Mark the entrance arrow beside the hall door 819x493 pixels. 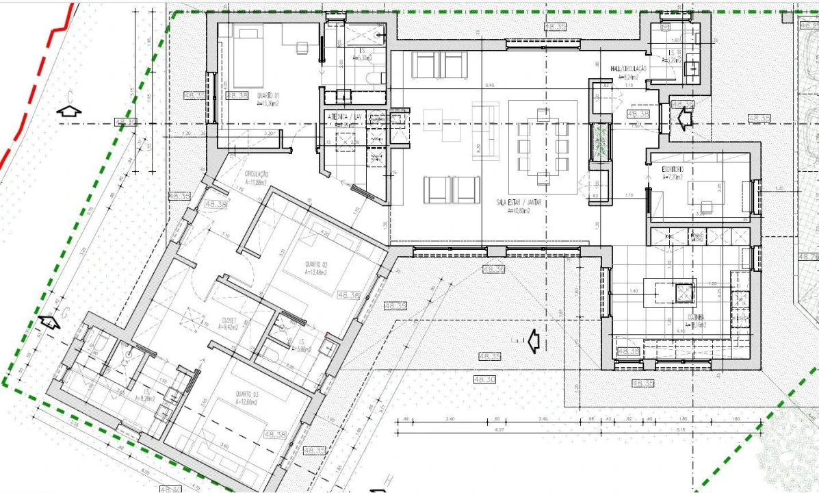point(683,118)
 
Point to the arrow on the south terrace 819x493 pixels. point(532,340)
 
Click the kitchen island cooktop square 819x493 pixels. point(684,293)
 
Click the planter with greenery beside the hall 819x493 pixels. point(599,142)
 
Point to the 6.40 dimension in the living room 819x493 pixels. point(489,85)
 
